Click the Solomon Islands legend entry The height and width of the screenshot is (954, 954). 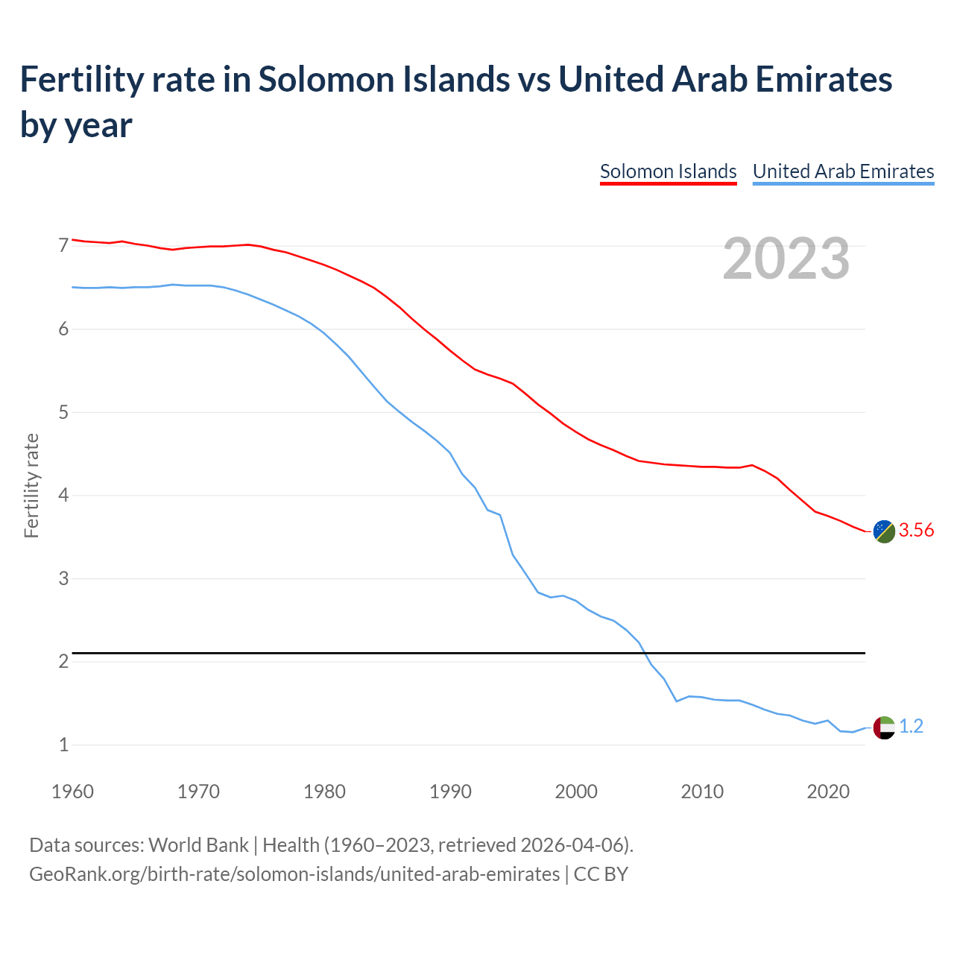(668, 171)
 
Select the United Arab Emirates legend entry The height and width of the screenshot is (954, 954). (843, 171)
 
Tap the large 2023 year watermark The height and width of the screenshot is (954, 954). (786, 258)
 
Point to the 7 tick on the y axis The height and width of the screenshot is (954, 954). (63, 245)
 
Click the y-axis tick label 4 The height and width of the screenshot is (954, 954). (63, 495)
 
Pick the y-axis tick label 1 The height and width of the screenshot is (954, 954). (63, 745)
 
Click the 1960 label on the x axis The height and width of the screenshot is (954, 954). (72, 792)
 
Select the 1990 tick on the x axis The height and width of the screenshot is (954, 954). (450, 792)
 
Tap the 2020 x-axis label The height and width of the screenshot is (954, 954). (828, 792)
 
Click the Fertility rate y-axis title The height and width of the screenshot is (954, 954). (31, 485)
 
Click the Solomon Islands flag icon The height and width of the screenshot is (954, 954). (884, 531)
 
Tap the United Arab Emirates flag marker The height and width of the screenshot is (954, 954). (884, 727)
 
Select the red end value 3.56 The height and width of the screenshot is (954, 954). (916, 531)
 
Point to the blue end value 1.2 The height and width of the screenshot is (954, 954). (911, 727)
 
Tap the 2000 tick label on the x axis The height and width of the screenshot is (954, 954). (576, 792)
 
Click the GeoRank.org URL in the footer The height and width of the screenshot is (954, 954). (294, 874)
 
